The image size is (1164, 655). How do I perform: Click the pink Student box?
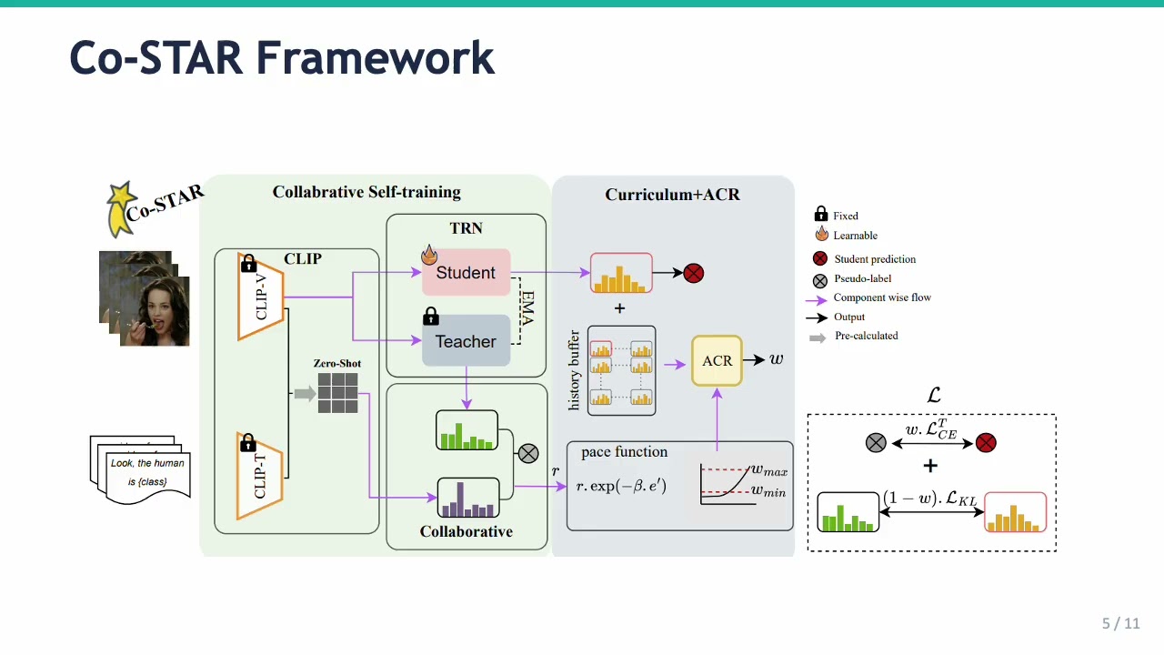point(466,273)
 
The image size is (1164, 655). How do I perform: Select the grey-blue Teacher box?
point(466,341)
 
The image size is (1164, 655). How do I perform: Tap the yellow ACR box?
point(717,361)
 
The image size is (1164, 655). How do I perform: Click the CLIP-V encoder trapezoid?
point(261,296)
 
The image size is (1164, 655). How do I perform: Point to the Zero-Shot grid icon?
point(338,393)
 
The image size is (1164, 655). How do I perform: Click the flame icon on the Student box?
point(429,255)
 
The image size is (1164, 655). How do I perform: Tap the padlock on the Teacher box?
point(431,317)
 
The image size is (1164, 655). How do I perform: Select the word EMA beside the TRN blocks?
point(527,307)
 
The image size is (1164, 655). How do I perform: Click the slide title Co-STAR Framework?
point(282,57)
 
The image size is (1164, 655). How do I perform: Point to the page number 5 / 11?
point(1120,623)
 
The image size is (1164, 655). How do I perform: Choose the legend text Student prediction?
point(875,259)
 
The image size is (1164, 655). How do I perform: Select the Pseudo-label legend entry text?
point(862,279)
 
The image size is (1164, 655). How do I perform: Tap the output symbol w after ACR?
point(776,359)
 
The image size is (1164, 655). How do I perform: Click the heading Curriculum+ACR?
point(672,195)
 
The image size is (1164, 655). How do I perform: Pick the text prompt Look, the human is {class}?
point(147,471)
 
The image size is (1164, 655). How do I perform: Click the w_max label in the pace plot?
point(768,470)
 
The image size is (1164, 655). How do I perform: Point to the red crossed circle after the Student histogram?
point(693,273)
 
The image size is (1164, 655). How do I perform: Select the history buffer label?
point(574,370)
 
